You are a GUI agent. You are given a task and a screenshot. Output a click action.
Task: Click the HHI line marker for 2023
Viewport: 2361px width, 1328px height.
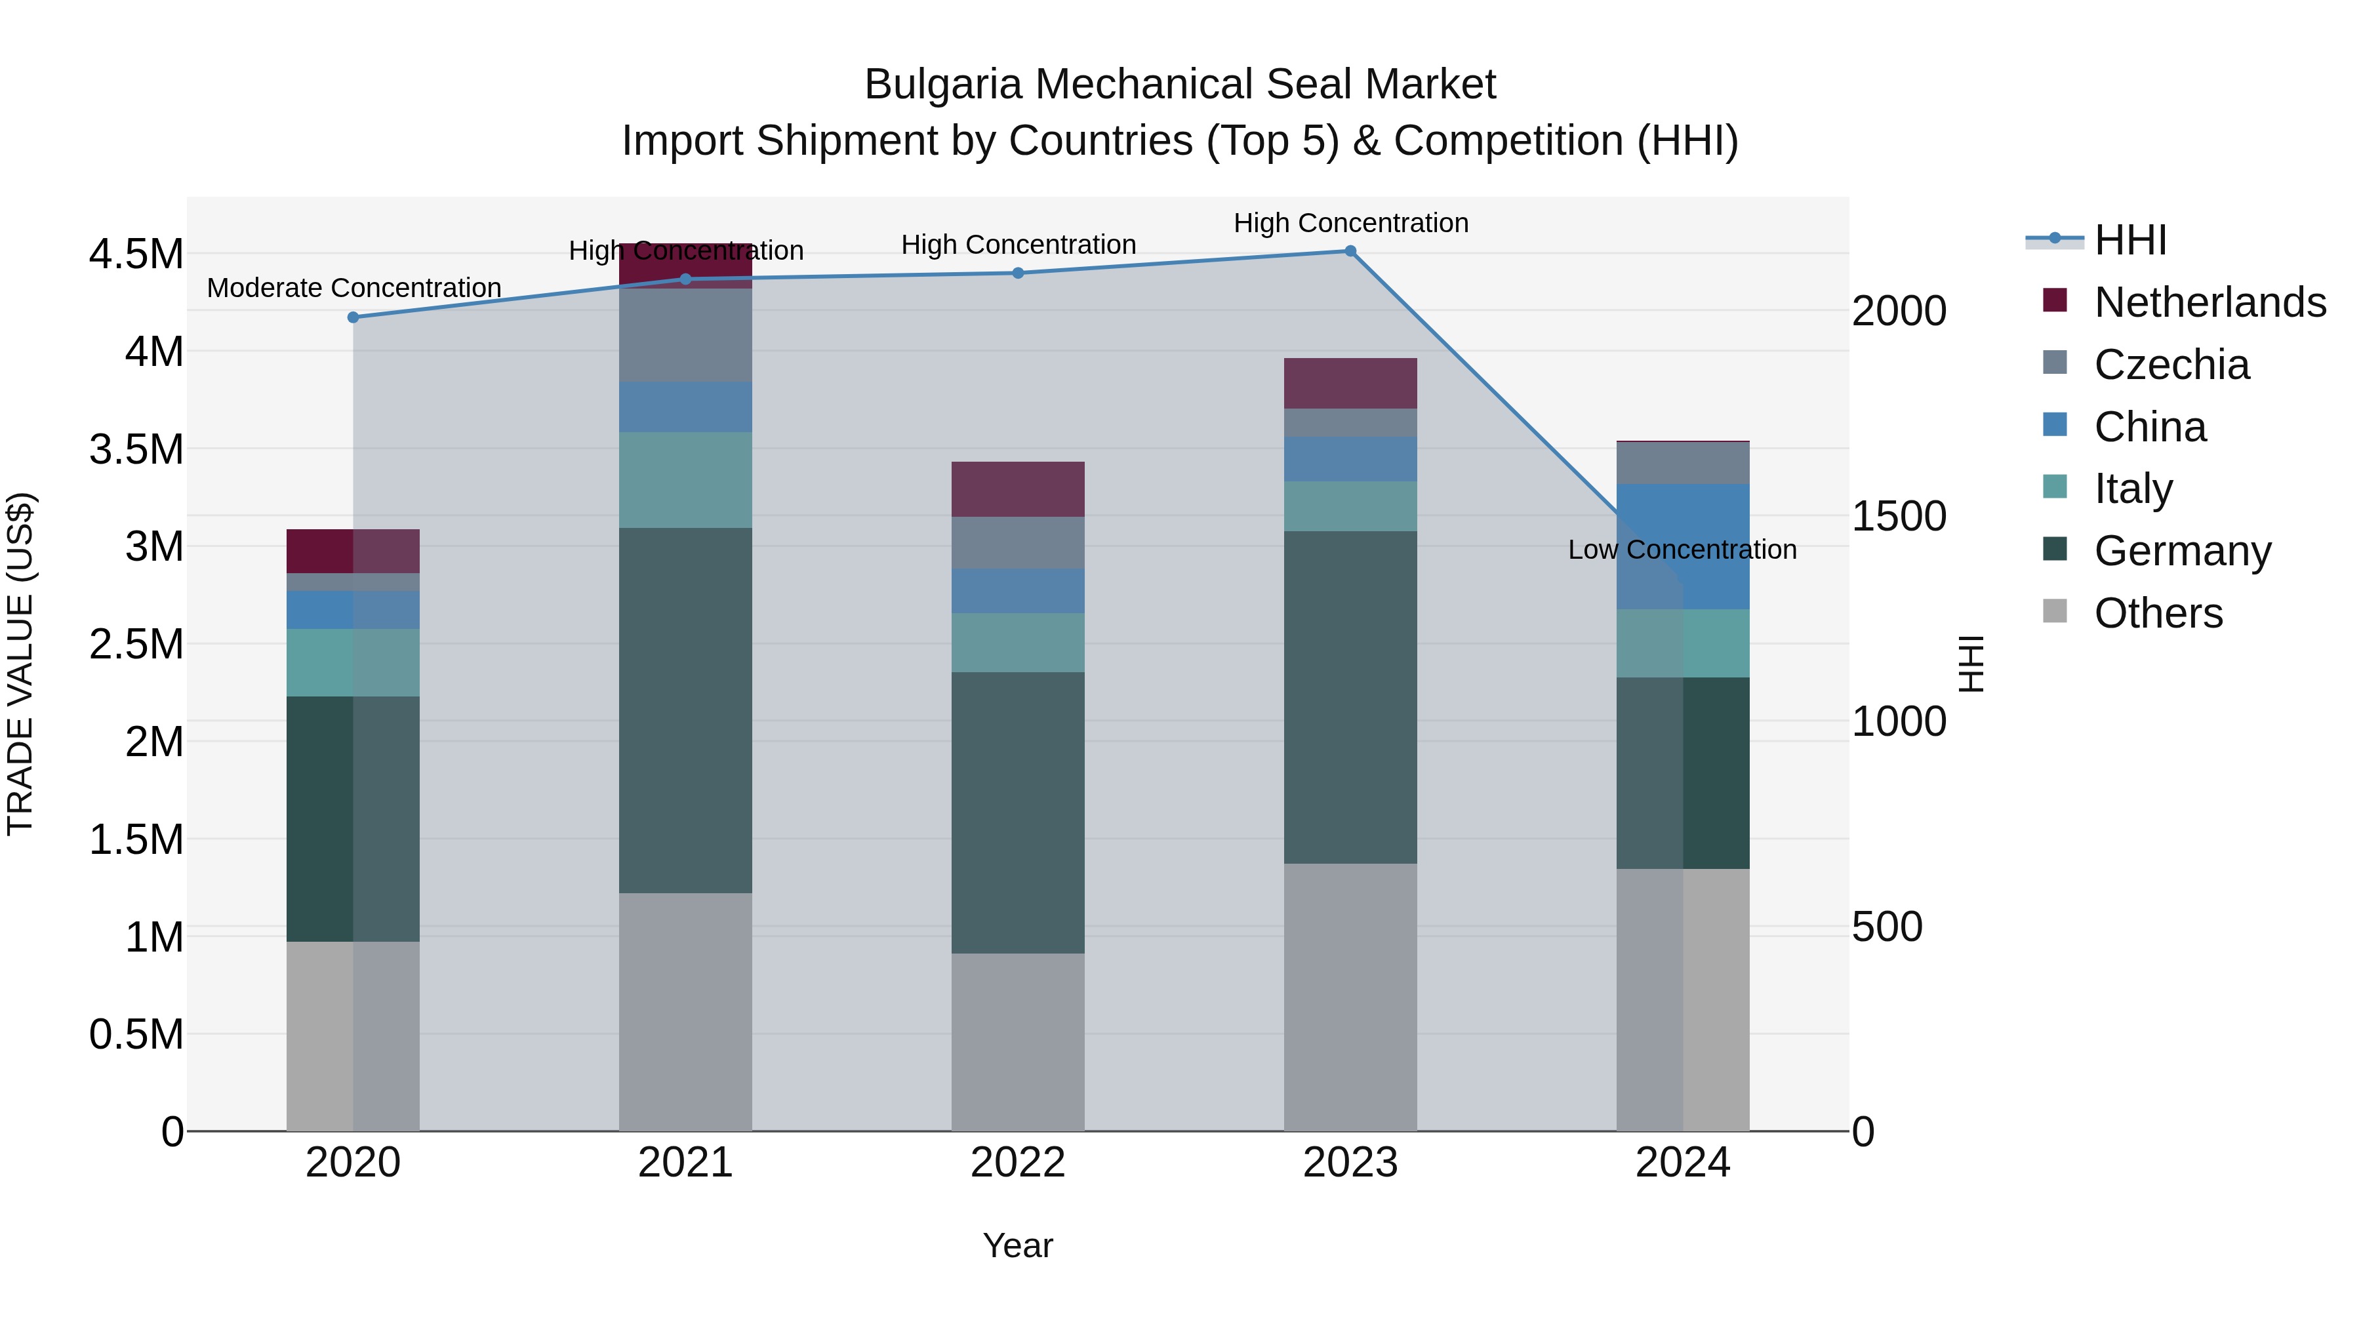tap(1350, 251)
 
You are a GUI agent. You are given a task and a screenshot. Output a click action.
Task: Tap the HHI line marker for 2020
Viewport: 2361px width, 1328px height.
tap(353, 317)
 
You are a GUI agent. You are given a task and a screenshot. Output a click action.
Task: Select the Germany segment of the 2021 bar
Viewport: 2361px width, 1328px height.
tap(685, 710)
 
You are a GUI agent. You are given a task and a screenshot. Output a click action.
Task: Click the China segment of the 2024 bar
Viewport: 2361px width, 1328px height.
tap(1683, 546)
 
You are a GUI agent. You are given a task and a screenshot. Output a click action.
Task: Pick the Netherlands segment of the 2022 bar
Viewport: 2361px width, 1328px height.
tap(1017, 489)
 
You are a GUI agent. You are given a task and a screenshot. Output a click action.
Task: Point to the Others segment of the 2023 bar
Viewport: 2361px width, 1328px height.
tap(1350, 997)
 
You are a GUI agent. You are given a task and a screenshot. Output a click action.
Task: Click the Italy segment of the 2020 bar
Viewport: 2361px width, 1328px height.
tap(353, 662)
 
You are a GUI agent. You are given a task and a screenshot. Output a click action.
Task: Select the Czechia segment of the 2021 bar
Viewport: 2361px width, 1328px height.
tap(685, 334)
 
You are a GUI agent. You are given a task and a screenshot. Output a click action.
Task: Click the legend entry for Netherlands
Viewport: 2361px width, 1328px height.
tap(2209, 302)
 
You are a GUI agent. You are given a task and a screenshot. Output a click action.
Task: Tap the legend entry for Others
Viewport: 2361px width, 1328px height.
tap(2158, 613)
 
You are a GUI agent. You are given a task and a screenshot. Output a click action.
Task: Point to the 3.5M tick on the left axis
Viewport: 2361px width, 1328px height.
tap(136, 449)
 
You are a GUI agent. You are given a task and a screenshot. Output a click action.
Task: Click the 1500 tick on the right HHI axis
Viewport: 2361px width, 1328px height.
tap(1898, 516)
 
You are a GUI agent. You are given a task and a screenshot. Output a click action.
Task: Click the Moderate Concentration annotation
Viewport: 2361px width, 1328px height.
tap(353, 288)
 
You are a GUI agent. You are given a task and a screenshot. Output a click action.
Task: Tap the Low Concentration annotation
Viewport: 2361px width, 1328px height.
tap(1682, 550)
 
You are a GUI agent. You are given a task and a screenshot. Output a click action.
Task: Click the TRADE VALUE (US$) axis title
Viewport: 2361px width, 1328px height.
tap(20, 664)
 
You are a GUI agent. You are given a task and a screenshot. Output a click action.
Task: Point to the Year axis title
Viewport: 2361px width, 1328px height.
tap(1017, 1245)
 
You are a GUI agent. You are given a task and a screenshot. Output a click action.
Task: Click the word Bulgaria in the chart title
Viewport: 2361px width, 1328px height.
tap(943, 85)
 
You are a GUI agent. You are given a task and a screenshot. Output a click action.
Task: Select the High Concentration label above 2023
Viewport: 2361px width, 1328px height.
tap(1350, 223)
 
